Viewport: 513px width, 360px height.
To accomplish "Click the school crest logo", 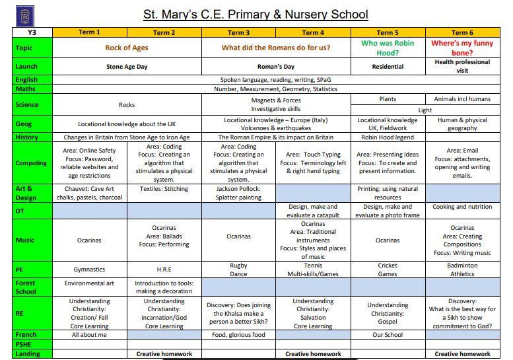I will [24, 15].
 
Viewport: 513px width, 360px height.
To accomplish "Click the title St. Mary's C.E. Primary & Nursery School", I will [256, 14].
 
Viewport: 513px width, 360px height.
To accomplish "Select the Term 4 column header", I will [313, 32].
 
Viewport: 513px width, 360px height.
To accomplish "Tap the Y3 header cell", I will [32, 32].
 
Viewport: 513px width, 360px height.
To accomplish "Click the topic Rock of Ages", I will [127, 48].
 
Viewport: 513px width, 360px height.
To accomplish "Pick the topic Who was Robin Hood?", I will [388, 48].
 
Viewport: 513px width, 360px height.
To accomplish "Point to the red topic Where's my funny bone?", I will [462, 48].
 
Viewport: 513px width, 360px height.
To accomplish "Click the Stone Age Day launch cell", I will [127, 67].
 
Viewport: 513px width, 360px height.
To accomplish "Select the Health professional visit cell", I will [462, 66].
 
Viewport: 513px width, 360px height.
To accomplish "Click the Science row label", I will [27, 104].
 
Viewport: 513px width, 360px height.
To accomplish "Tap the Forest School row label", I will [26, 287].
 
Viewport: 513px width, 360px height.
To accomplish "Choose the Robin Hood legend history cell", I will [388, 137].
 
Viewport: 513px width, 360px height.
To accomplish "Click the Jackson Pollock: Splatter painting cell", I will [238, 193].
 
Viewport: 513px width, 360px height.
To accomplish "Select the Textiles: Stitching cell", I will [164, 188].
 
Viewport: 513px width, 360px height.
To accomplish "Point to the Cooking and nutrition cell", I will [462, 207].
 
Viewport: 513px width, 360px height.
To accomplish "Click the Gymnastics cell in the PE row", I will [89, 270].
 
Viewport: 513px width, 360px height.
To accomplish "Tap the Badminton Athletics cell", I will [462, 270].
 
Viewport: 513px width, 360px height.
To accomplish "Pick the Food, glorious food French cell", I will [238, 335].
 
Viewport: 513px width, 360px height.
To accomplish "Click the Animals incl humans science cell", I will [462, 99].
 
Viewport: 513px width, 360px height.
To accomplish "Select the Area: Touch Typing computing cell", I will [313, 162].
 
